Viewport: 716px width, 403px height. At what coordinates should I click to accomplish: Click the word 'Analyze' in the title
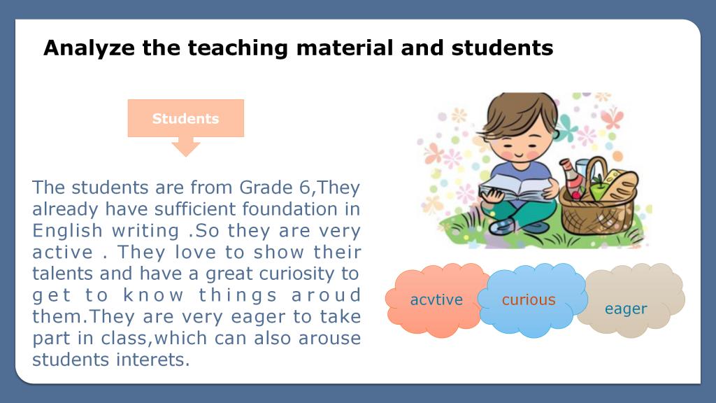point(89,48)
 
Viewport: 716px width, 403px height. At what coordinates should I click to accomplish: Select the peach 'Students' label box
point(186,118)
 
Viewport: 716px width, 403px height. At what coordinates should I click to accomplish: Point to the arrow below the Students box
point(186,147)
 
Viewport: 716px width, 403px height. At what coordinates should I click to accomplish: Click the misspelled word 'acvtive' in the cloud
point(436,299)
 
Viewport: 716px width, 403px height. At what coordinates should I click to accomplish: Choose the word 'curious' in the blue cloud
point(529,299)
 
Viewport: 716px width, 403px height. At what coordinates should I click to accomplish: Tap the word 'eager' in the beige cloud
point(626,309)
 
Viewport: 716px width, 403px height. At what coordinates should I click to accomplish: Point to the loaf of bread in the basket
point(620,184)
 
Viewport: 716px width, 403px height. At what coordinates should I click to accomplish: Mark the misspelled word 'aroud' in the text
point(326,295)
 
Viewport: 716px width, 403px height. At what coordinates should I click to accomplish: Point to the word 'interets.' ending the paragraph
point(153,360)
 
